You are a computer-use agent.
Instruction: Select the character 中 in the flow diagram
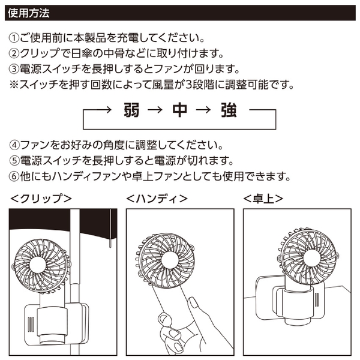click(180, 111)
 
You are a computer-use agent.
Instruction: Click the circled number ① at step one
click(16, 38)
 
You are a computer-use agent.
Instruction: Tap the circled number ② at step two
click(16, 54)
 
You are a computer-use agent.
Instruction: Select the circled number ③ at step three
click(16, 70)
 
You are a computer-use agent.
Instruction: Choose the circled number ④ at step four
click(16, 146)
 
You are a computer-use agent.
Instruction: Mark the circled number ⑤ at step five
click(16, 161)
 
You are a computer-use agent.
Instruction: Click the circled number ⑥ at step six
click(16, 177)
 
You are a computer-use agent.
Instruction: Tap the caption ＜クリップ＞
click(41, 198)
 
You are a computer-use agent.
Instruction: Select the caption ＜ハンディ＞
click(158, 198)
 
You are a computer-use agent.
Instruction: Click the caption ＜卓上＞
click(263, 198)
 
